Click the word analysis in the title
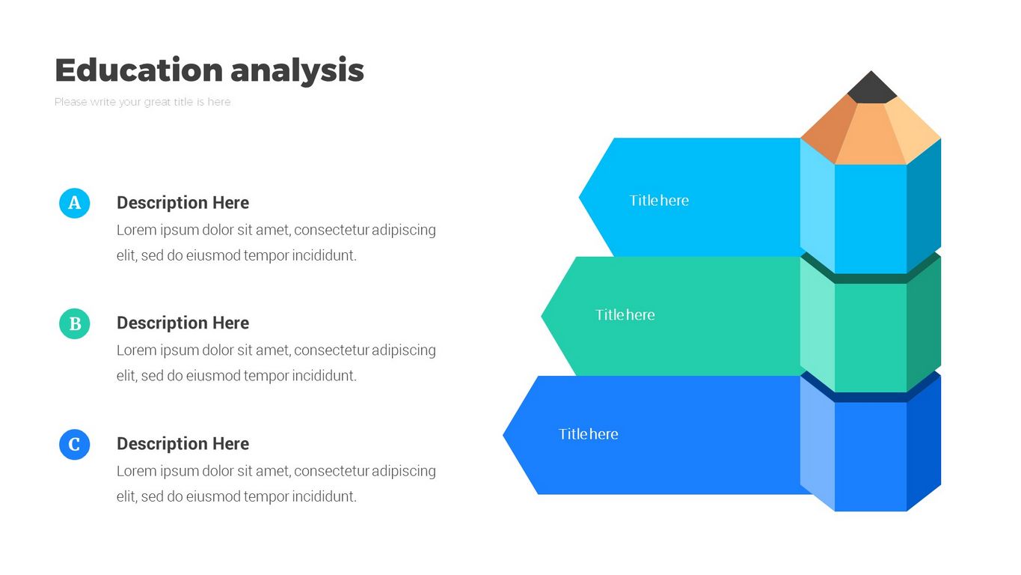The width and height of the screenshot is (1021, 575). [x=297, y=70]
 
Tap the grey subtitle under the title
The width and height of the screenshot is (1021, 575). [x=142, y=102]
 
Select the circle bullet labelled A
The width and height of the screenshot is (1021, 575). [x=74, y=203]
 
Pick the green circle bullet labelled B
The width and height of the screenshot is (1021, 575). [x=74, y=323]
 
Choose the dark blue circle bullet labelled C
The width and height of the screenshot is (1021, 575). [x=74, y=445]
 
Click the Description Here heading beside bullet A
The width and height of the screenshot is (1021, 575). [x=183, y=203]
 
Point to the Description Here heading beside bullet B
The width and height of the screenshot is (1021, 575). [x=183, y=323]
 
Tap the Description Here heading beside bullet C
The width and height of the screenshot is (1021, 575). [x=183, y=444]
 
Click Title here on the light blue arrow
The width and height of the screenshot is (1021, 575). [x=659, y=201]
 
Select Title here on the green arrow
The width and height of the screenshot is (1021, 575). [x=625, y=315]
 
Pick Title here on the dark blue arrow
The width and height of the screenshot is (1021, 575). [x=588, y=434]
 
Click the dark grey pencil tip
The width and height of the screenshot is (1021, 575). [x=871, y=89]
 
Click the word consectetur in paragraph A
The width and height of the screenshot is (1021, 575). [x=331, y=230]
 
